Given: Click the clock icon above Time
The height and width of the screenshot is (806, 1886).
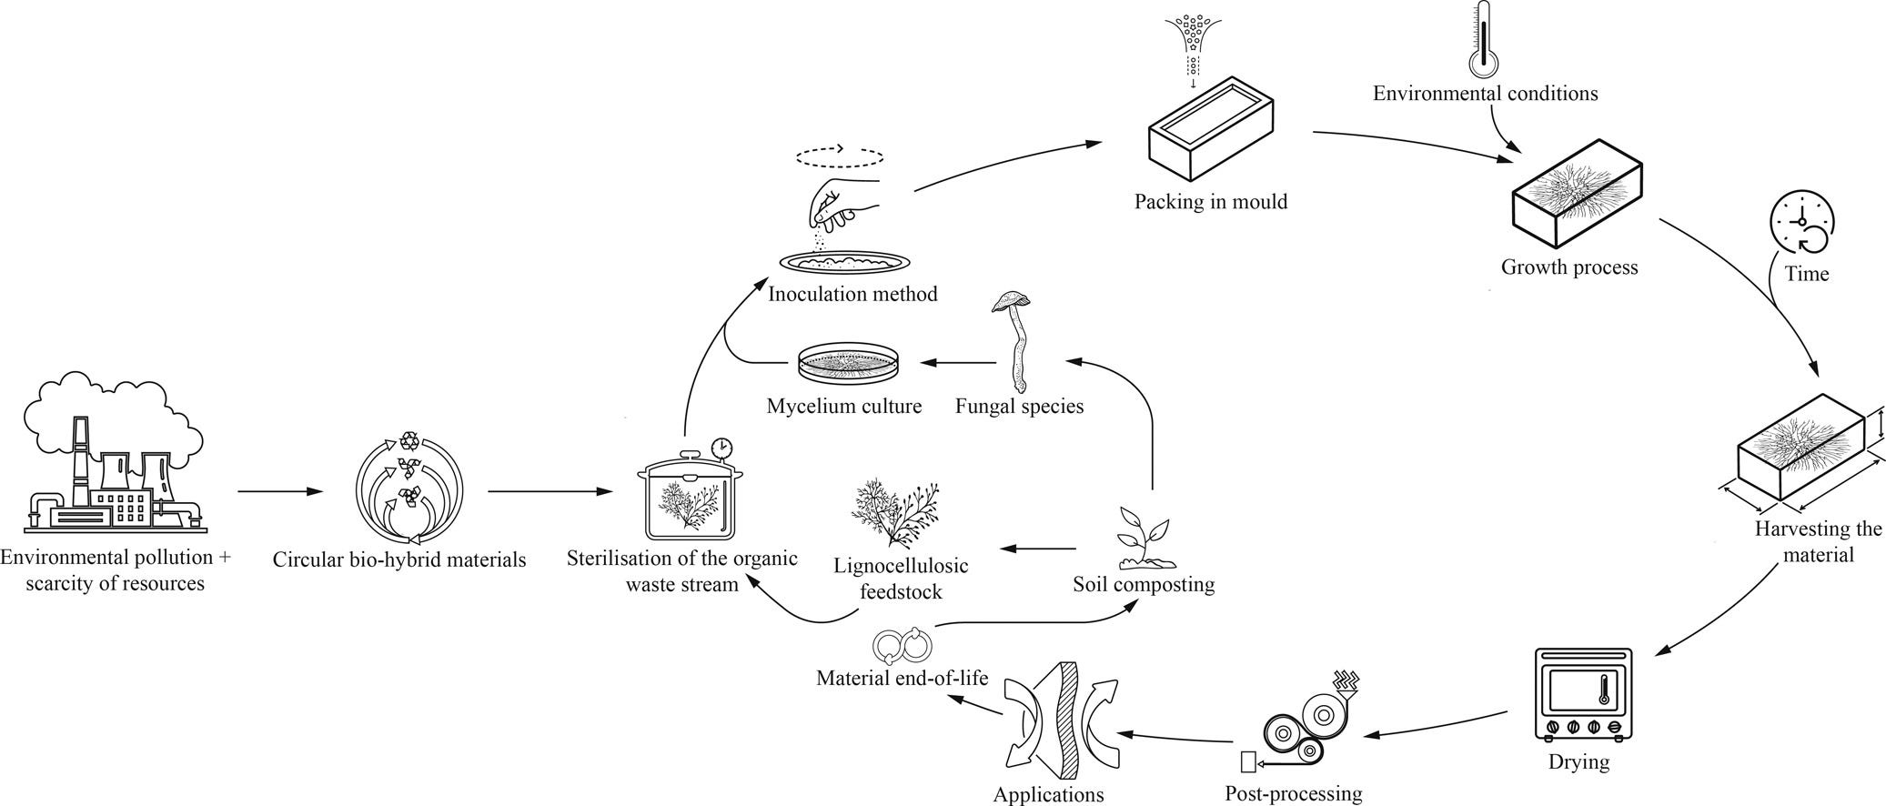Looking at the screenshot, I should click(x=1801, y=223).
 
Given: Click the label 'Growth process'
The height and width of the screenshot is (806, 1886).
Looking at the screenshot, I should click(x=1568, y=267).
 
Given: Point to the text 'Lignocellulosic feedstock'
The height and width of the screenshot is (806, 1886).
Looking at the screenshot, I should click(x=901, y=579).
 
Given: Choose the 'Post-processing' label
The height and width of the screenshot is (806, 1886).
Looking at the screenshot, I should click(x=1293, y=793).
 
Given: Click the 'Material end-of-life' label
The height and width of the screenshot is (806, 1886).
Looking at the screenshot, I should click(x=902, y=678).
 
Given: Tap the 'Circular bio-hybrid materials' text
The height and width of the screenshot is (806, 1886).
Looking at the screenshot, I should click(x=399, y=559).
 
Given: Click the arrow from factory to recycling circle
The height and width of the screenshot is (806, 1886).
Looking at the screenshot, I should click(x=280, y=492).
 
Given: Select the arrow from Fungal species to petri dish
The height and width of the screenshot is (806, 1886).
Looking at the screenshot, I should click(x=957, y=363).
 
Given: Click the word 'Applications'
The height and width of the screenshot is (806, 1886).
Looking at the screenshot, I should click(x=1048, y=795).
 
